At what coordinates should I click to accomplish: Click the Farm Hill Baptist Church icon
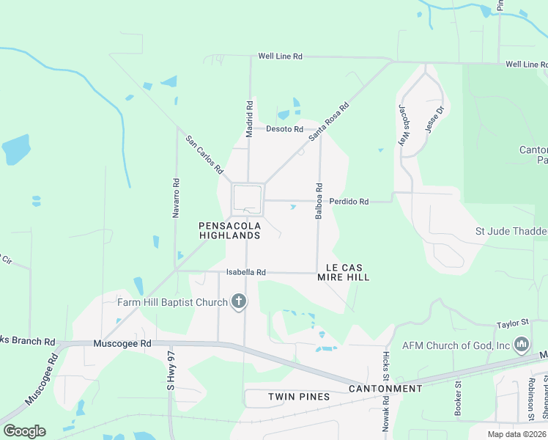(238, 301)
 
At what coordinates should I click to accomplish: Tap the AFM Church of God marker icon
(521, 344)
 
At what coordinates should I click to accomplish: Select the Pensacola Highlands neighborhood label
(229, 230)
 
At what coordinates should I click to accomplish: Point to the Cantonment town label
(385, 389)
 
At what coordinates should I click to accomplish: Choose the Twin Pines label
(299, 397)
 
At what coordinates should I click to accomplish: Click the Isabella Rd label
(245, 272)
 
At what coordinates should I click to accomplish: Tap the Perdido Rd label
(348, 201)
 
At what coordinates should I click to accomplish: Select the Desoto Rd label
(284, 129)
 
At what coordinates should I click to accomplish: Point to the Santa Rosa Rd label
(329, 121)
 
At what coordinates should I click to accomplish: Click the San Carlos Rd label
(204, 154)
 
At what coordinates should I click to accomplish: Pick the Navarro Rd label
(176, 198)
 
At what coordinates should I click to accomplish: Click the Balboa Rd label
(319, 201)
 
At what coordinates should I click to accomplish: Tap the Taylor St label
(512, 323)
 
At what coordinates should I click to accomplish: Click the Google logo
(24, 431)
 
